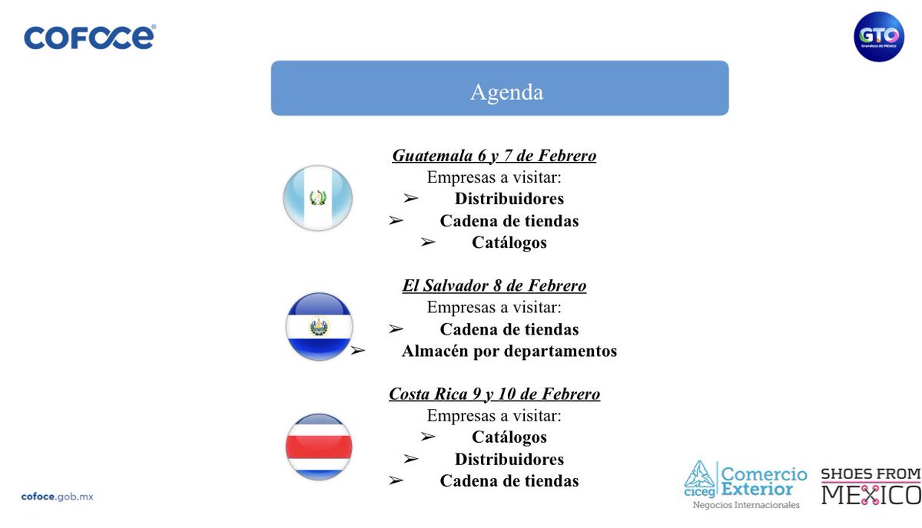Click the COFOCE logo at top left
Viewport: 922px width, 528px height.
pyautogui.click(x=90, y=37)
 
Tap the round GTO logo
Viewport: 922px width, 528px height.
pyautogui.click(x=879, y=37)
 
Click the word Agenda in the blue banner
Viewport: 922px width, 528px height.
pyautogui.click(x=506, y=92)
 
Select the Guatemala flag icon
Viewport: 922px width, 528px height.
pyautogui.click(x=318, y=198)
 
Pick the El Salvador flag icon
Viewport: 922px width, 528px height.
pyautogui.click(x=319, y=327)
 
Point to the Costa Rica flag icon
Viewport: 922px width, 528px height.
pyautogui.click(x=319, y=447)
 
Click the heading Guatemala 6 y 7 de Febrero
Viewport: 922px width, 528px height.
pyautogui.click(x=494, y=156)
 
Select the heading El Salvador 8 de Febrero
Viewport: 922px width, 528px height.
pyautogui.click(x=494, y=285)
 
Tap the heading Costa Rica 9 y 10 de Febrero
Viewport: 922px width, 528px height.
pyautogui.click(x=494, y=394)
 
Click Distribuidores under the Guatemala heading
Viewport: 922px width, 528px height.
pyautogui.click(x=509, y=199)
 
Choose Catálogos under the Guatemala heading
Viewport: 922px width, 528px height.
pyautogui.click(x=509, y=243)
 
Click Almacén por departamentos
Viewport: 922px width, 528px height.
pyautogui.click(x=509, y=351)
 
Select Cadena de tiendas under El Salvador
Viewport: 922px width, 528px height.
pyautogui.click(x=509, y=329)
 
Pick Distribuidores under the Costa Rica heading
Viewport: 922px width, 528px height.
pyautogui.click(x=509, y=460)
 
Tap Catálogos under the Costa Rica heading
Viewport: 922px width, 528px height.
pyautogui.click(x=509, y=437)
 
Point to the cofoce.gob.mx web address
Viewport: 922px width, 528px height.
pyautogui.click(x=58, y=497)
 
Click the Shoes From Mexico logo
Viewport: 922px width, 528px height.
pyautogui.click(x=871, y=487)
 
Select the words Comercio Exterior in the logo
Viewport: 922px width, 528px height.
pyautogui.click(x=763, y=481)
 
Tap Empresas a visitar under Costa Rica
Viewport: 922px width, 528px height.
pyautogui.click(x=494, y=416)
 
